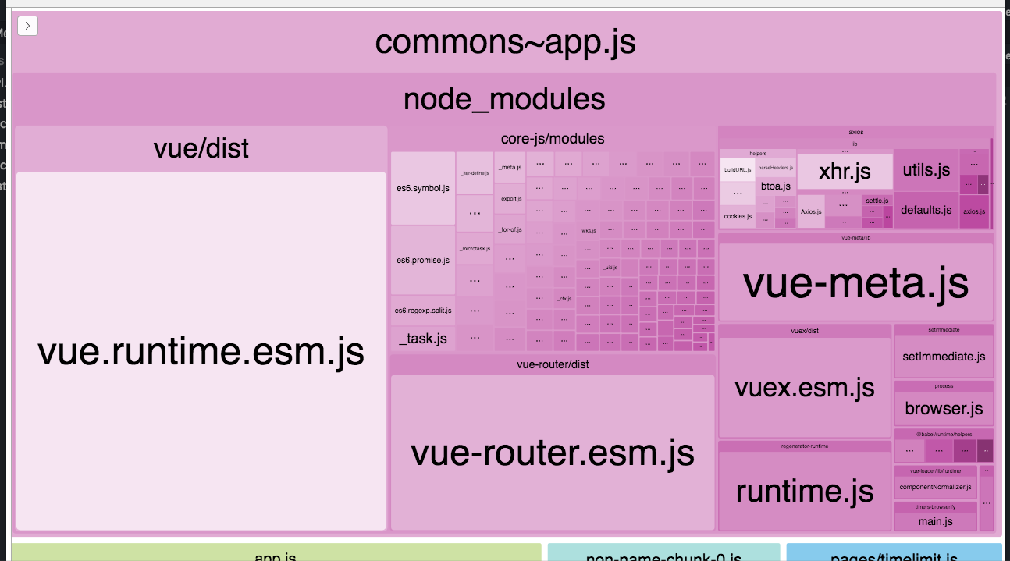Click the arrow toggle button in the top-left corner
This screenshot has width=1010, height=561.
pos(28,26)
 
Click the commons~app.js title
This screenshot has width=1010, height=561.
pos(505,43)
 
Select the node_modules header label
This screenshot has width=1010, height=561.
pos(504,99)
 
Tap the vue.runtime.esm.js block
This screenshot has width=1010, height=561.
pos(201,351)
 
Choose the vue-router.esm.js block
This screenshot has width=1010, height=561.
pos(552,453)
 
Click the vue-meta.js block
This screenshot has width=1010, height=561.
pos(855,282)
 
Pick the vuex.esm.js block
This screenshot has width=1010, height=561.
pos(804,387)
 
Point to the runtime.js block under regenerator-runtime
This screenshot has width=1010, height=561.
pos(804,491)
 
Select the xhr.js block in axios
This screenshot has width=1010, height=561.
pos(845,172)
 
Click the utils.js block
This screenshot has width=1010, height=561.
pos(926,170)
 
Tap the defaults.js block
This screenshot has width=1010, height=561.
pos(926,210)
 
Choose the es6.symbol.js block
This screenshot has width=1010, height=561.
pos(423,188)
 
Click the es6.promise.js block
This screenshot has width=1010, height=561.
pos(423,260)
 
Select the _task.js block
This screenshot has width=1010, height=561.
pos(423,338)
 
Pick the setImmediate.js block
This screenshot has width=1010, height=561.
pos(943,357)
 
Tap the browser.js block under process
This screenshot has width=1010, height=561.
pos(943,408)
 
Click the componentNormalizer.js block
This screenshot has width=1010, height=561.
pos(935,488)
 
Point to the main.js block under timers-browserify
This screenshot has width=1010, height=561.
pos(935,521)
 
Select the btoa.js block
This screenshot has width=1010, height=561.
pos(776,186)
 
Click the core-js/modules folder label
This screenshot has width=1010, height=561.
pos(552,139)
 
